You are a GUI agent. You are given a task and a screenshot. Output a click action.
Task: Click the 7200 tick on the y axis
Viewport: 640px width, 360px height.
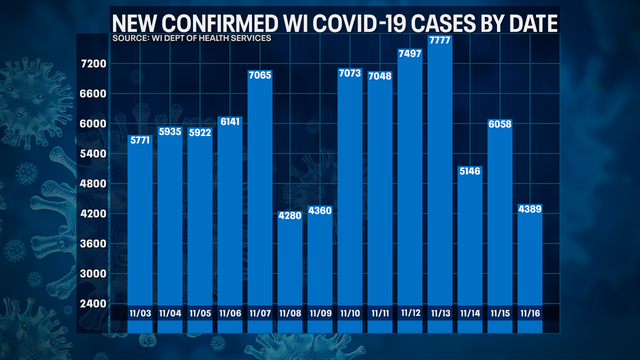tap(93, 64)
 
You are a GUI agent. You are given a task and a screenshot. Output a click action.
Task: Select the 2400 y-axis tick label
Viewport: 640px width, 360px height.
tap(93, 303)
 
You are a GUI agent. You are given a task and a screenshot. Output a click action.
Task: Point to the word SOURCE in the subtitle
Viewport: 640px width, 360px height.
tap(131, 38)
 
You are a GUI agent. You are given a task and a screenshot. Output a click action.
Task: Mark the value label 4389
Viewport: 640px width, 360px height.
tap(531, 209)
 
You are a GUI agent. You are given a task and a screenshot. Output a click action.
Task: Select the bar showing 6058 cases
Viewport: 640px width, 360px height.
tap(500, 220)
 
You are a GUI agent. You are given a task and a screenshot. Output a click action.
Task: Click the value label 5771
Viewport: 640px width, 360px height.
tap(141, 140)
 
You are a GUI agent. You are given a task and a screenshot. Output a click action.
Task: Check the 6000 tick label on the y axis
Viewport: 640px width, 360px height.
tap(93, 124)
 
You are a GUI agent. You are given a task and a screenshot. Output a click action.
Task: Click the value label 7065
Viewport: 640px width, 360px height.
tap(261, 75)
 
